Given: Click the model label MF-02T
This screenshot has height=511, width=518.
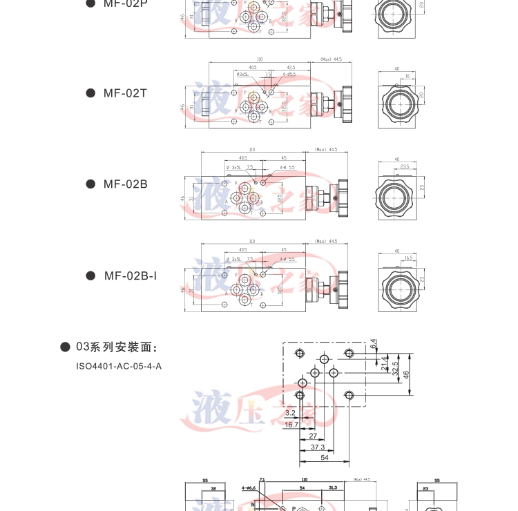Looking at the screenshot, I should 125,93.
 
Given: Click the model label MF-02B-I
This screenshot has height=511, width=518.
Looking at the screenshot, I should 130,276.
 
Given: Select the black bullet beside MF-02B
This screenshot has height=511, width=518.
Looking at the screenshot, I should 90,184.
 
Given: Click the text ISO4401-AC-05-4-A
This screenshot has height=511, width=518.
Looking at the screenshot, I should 119,366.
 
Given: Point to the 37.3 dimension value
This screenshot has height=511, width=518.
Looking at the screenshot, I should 318,447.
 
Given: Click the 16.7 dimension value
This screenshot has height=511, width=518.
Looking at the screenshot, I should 291,425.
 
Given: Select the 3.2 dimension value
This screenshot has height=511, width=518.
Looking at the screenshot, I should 290,413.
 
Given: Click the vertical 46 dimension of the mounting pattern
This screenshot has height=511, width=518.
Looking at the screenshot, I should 406,374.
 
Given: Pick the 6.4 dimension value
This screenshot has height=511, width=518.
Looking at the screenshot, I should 373,342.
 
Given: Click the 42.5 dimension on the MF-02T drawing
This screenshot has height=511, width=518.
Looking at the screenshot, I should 291,68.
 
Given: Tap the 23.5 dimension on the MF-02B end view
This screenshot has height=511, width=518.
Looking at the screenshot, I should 404,166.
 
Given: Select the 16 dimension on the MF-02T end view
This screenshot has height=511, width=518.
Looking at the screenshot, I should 408,76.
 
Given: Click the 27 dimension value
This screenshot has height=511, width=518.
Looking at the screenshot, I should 313,436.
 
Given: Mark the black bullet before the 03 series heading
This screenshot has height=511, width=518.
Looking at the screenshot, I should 65,347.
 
